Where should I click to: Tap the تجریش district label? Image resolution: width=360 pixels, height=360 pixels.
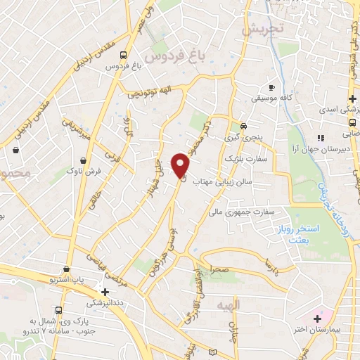(261, 30)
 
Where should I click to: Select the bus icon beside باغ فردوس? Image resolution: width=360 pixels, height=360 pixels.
(124, 54)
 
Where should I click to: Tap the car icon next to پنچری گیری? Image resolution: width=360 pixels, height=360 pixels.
(243, 127)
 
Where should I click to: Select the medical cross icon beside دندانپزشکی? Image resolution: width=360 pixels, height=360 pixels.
(105, 291)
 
